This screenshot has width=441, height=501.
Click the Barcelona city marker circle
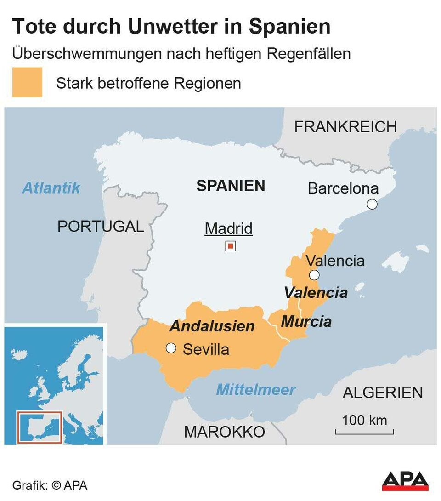372,205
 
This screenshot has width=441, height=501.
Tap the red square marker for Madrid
231,246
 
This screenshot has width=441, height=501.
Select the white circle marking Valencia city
314,275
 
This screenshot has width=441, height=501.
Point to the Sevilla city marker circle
171,348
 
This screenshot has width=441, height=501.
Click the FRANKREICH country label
345,127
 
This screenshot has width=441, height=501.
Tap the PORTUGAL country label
101,226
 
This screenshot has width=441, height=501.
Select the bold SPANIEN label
231,186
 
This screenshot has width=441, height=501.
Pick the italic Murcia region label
306,321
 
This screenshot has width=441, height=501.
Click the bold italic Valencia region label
316,292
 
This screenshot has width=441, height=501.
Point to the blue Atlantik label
51,188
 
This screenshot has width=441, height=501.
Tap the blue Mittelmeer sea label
256,390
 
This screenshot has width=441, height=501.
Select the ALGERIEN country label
383,393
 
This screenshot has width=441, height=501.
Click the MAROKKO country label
224,432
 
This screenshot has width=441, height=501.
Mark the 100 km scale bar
364,431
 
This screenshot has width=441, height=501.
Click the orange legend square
27,82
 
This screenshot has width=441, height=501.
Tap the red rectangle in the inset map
39,427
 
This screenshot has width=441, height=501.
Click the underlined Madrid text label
229,228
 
